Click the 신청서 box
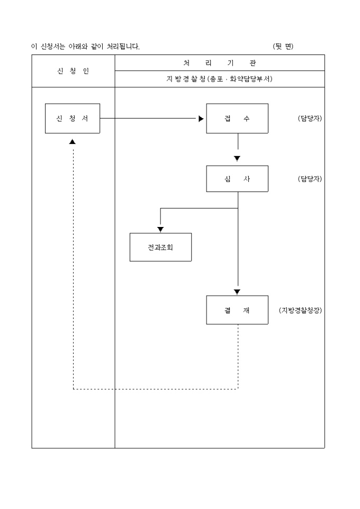coord(73,118)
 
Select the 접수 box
coord(237,118)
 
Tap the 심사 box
coord(237,179)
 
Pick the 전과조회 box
coord(160,247)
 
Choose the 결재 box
coord(237,310)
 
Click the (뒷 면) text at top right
coord(283,47)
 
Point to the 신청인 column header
coord(73,71)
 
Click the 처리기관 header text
coord(219,63)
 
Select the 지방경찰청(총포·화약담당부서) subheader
coord(219,79)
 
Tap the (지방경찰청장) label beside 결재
coord(300,310)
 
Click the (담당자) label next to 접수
coord(310,118)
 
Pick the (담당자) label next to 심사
coord(310,179)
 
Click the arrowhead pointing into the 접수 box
coord(201,119)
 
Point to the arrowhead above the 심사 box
coord(237,158)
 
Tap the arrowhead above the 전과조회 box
coord(160,229)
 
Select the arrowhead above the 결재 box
coord(237,292)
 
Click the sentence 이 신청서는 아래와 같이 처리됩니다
coord(85,47)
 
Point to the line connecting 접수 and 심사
coord(238,142)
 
